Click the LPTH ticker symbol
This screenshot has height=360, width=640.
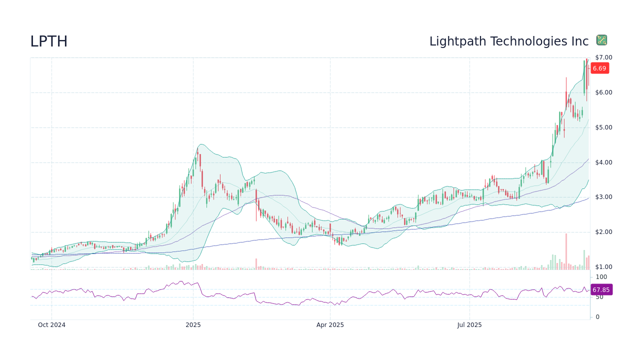(x=48, y=41)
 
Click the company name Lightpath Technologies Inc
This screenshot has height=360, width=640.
(x=508, y=41)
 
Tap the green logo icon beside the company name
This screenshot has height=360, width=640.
(x=601, y=40)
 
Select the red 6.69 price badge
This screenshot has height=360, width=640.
(x=599, y=68)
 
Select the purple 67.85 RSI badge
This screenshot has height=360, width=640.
(x=601, y=290)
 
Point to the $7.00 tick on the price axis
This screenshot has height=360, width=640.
(x=603, y=57)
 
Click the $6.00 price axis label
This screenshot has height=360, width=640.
(x=603, y=92)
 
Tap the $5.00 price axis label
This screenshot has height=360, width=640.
(x=603, y=127)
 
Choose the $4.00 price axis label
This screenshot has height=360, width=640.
(x=603, y=162)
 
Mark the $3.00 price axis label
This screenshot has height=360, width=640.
(x=603, y=197)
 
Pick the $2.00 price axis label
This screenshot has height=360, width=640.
(x=603, y=232)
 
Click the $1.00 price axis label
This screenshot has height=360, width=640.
(x=603, y=267)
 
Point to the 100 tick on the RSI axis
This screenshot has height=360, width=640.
(x=601, y=277)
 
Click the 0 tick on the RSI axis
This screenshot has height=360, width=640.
(x=597, y=317)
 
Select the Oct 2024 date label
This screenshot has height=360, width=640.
(x=51, y=325)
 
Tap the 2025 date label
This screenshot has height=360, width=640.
(x=193, y=325)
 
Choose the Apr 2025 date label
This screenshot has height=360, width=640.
(x=330, y=325)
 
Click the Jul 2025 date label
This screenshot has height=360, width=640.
(x=469, y=325)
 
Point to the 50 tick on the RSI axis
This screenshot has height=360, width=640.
(x=599, y=297)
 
